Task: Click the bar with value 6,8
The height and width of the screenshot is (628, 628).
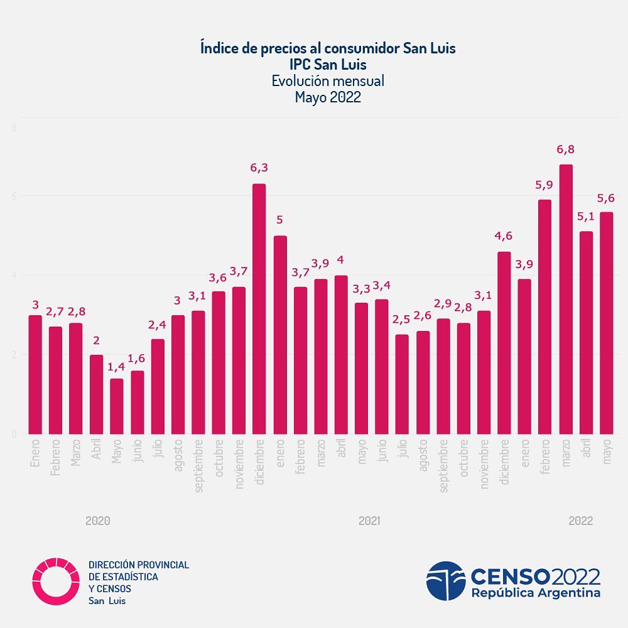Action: tap(566, 299)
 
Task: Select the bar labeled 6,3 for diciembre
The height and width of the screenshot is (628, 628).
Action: tap(259, 308)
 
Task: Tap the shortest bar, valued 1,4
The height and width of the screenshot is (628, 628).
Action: tap(117, 406)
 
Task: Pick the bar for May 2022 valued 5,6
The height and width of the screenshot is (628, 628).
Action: tap(606, 323)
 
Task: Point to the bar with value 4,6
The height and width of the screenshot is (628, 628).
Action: tap(504, 342)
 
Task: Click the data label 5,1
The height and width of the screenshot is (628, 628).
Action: tap(586, 217)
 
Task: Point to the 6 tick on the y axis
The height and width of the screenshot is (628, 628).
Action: tap(14, 196)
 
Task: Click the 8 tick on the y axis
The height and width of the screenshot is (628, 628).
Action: tap(14, 128)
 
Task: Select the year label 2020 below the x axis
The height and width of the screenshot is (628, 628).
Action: tap(98, 521)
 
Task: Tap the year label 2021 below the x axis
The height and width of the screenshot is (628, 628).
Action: tap(369, 521)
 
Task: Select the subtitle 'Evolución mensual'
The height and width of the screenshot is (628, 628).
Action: tap(328, 81)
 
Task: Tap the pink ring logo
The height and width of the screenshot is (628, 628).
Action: tap(57, 581)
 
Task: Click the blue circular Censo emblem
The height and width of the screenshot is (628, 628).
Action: tap(446, 581)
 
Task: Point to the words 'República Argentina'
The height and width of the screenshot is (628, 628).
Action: tap(536, 593)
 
